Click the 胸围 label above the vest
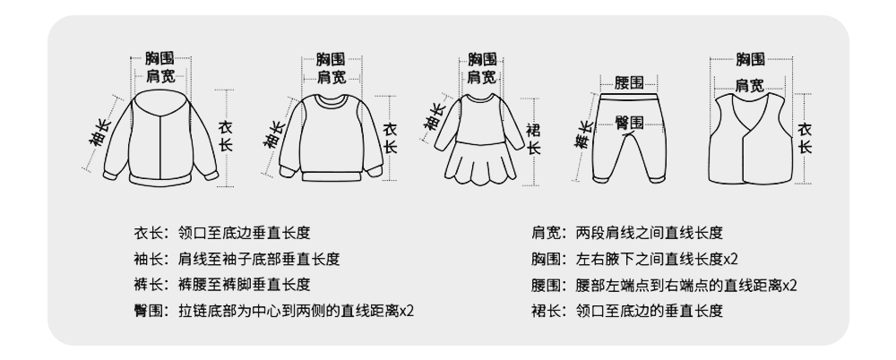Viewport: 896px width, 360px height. tap(750, 60)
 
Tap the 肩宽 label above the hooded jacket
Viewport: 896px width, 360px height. tap(160, 77)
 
